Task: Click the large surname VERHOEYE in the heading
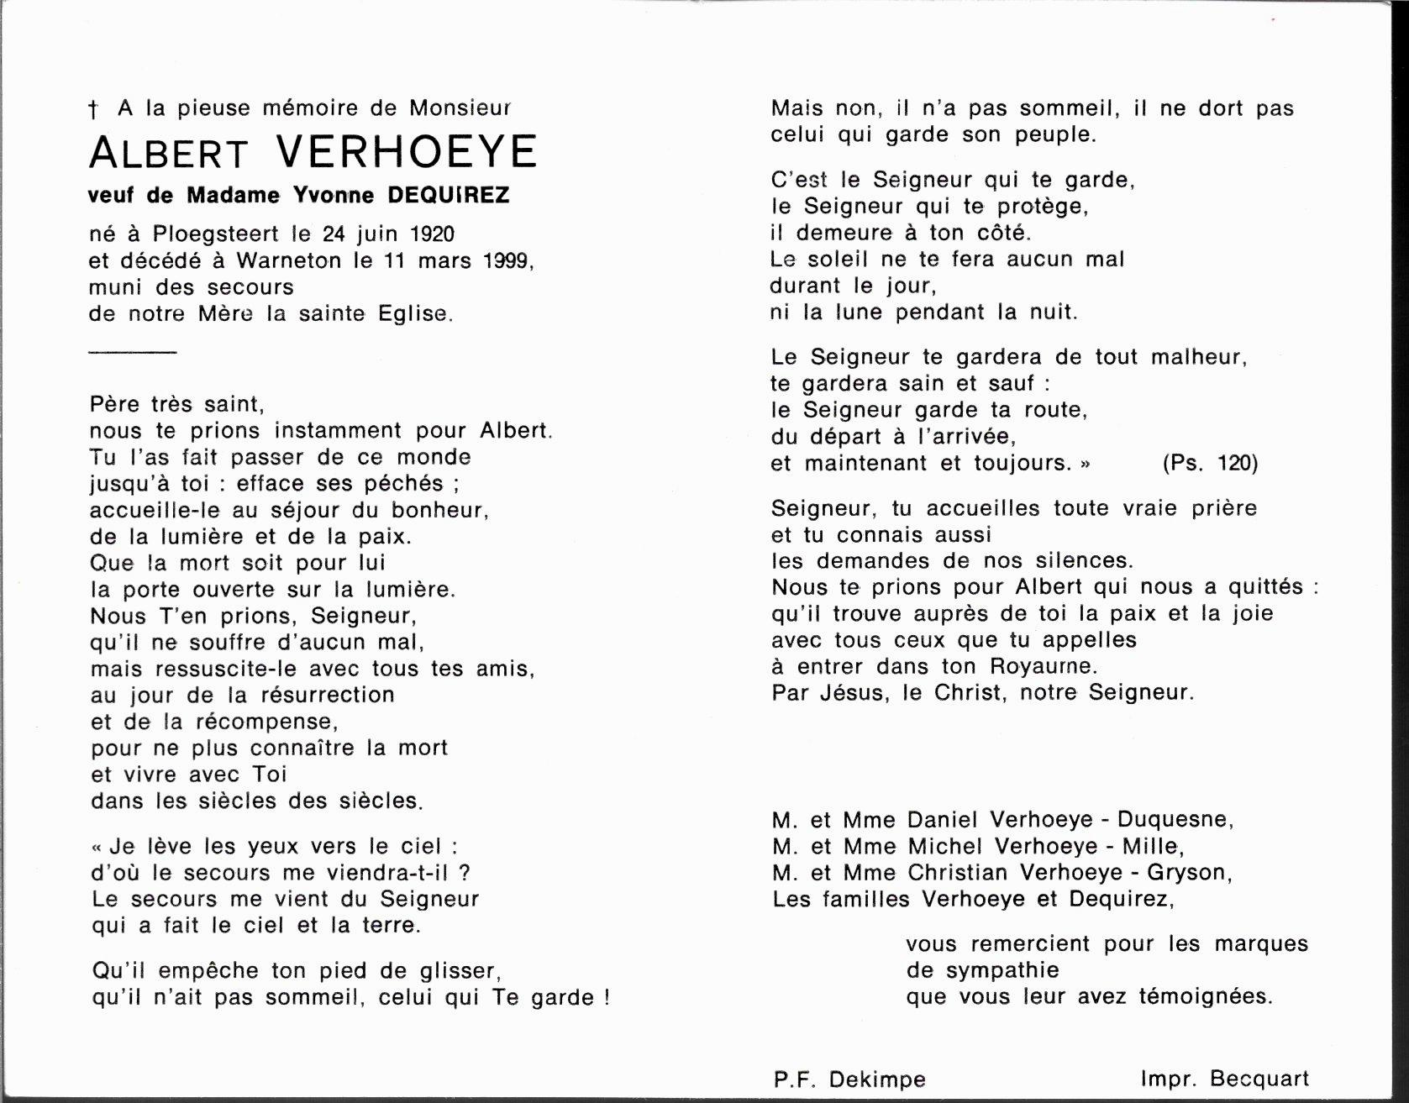[x=407, y=153]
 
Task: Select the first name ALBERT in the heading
[x=169, y=153]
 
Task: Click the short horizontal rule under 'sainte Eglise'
[x=133, y=352]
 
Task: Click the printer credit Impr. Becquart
[x=1224, y=1079]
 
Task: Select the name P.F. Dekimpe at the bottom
[x=849, y=1080]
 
